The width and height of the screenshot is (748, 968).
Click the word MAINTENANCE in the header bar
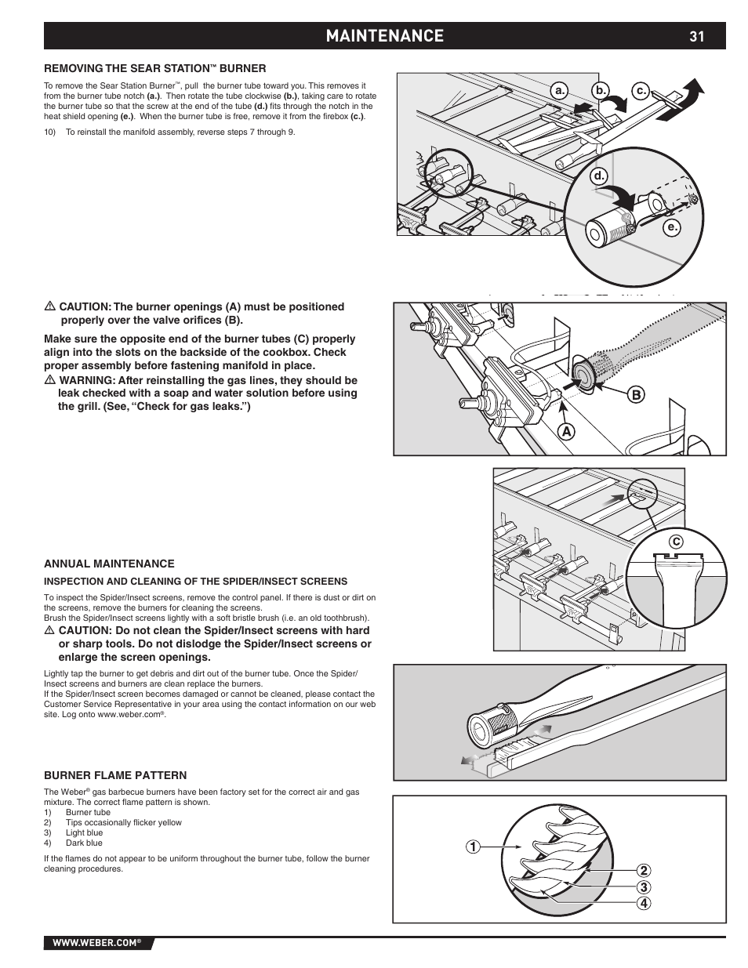(x=385, y=36)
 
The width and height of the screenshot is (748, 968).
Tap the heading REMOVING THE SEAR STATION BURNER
(x=155, y=68)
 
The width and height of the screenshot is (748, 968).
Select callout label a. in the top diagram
(x=560, y=92)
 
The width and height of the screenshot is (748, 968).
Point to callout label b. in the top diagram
(x=601, y=92)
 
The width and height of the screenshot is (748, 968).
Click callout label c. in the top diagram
(x=641, y=92)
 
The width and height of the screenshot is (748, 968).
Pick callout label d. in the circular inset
(x=600, y=176)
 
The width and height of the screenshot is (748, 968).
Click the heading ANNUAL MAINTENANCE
(x=109, y=564)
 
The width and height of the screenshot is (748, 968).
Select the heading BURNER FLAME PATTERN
(x=115, y=776)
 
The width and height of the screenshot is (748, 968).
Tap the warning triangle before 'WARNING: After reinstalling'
(x=49, y=380)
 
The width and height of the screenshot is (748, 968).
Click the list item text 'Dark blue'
(x=84, y=843)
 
